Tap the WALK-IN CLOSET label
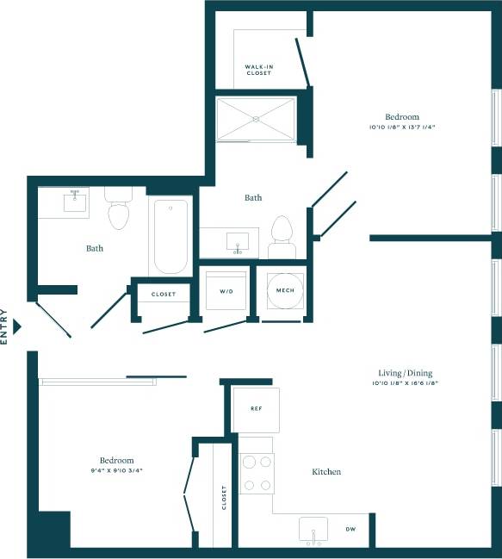(x=258, y=70)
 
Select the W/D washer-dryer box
(x=226, y=292)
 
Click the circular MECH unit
(x=285, y=292)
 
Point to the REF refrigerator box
(x=256, y=409)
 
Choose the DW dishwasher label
(x=350, y=529)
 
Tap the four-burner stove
(x=256, y=473)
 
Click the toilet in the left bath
(x=118, y=210)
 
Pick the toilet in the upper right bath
(x=282, y=234)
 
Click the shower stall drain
(x=256, y=119)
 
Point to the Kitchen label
(x=326, y=472)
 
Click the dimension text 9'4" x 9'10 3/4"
(x=115, y=470)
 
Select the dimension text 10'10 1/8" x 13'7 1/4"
(x=402, y=127)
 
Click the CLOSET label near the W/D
(x=164, y=295)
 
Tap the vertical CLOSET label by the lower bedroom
(x=224, y=497)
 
